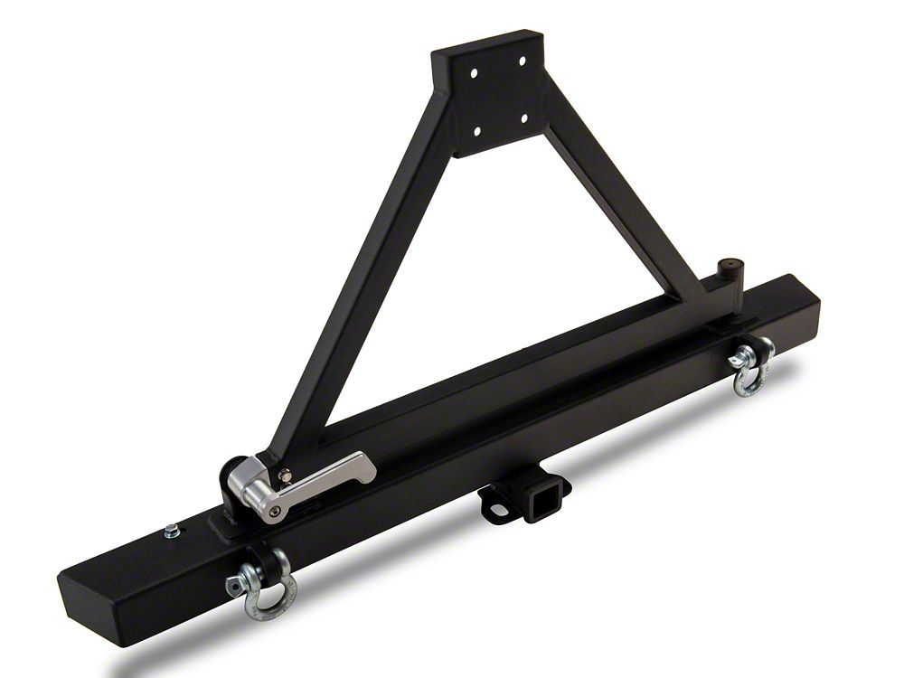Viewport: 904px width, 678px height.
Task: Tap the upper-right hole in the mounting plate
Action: tap(521, 62)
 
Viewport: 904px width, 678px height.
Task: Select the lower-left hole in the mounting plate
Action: tap(476, 132)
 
